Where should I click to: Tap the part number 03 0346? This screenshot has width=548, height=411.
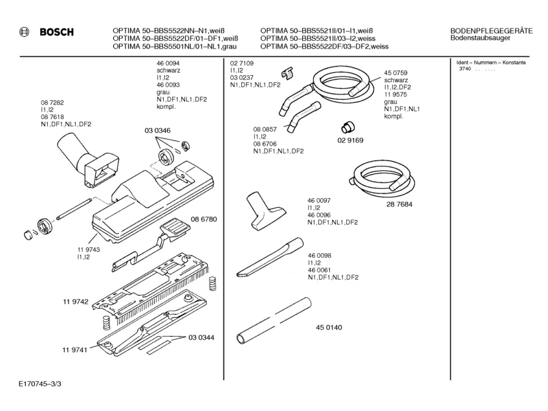tap(157, 131)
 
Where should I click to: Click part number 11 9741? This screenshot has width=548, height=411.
tap(75, 350)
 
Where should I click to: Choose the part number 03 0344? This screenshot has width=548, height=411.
tap(201, 337)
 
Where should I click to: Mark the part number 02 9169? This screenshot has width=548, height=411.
tap(350, 140)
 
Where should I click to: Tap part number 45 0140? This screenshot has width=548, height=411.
tap(328, 328)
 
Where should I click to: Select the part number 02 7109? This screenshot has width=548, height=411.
tap(241, 63)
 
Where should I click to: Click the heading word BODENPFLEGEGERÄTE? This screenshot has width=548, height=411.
tap(491, 30)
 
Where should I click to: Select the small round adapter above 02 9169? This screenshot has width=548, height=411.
tap(350, 125)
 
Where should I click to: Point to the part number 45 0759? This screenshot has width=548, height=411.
tap(395, 72)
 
